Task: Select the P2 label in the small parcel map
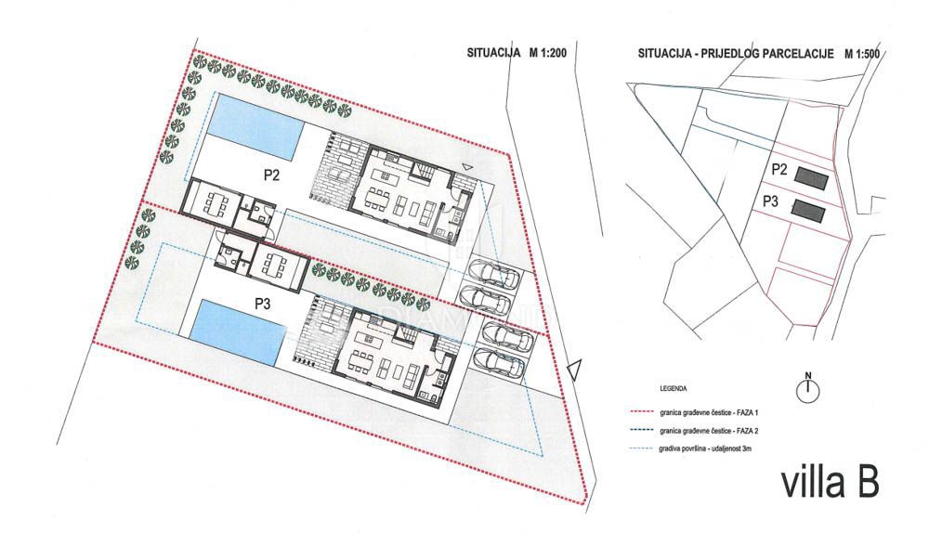[779, 170]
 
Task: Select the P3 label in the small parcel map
[771, 201]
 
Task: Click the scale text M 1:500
[862, 54]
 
